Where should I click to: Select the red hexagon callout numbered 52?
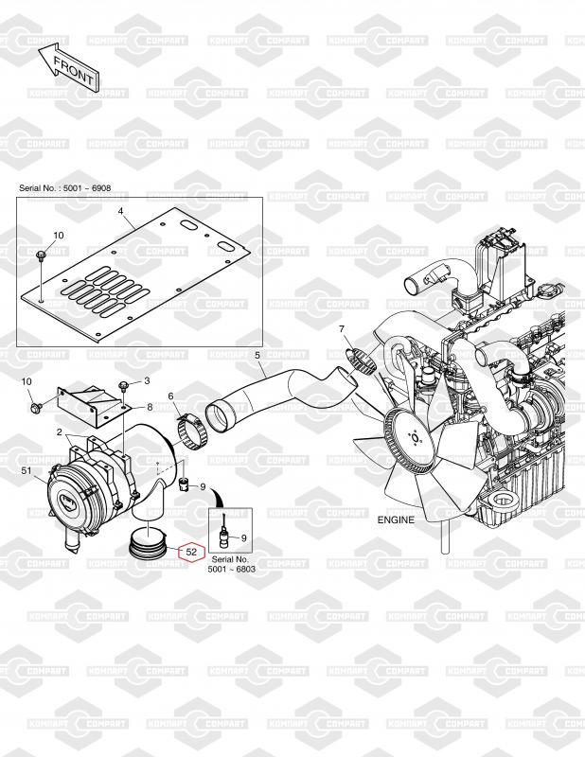[192, 552]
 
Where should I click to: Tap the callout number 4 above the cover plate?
[121, 211]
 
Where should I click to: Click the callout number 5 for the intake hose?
[257, 356]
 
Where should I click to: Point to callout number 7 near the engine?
[342, 329]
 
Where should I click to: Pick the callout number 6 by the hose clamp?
[170, 396]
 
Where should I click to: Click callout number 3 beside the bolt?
[147, 381]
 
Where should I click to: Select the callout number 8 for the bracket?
[150, 408]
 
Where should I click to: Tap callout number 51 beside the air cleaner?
[27, 469]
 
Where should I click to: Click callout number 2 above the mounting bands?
[59, 432]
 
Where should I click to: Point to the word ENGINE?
[396, 519]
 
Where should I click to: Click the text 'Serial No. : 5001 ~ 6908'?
[64, 187]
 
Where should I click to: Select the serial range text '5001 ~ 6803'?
[231, 570]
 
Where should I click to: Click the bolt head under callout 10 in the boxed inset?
[41, 255]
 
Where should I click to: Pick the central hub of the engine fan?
[414, 438]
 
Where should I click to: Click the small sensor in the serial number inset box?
[224, 533]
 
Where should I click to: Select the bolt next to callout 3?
[125, 385]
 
